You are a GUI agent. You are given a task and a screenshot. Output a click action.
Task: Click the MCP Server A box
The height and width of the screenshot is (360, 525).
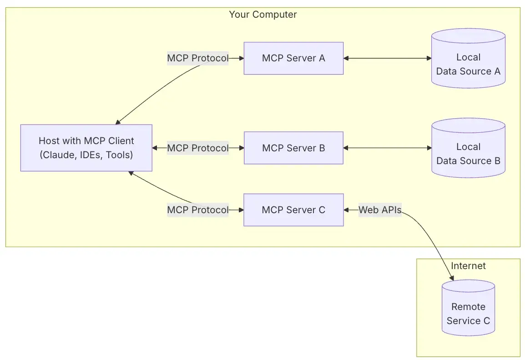(293, 58)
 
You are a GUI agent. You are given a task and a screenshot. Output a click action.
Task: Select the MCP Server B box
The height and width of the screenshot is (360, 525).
(293, 148)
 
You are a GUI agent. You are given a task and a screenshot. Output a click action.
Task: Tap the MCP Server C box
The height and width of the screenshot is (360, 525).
(293, 210)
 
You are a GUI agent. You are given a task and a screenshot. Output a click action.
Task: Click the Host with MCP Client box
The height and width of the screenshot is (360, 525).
(86, 148)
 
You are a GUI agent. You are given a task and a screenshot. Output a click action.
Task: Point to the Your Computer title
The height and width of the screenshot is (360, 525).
(262, 15)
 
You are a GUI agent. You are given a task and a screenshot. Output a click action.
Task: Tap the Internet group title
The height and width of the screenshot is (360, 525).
(468, 266)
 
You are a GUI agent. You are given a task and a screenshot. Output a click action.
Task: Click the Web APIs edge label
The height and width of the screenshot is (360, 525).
(380, 210)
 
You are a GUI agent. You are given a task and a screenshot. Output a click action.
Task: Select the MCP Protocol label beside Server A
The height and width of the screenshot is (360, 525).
(197, 58)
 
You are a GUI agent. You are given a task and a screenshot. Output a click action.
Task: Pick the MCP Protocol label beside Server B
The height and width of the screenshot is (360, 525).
(197, 148)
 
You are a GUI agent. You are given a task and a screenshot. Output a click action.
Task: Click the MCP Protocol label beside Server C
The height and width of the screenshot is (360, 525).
(197, 210)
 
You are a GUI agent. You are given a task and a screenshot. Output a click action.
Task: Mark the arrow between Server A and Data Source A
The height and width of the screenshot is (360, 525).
(387, 58)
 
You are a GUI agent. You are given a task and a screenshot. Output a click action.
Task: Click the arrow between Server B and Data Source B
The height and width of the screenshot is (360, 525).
(387, 148)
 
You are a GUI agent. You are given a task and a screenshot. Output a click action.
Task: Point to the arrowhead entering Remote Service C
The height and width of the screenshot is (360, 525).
(451, 278)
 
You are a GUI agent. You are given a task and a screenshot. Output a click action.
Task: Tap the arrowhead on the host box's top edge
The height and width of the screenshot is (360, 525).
(118, 122)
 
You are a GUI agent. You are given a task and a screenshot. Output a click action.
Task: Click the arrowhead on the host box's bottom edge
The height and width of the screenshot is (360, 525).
(131, 174)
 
